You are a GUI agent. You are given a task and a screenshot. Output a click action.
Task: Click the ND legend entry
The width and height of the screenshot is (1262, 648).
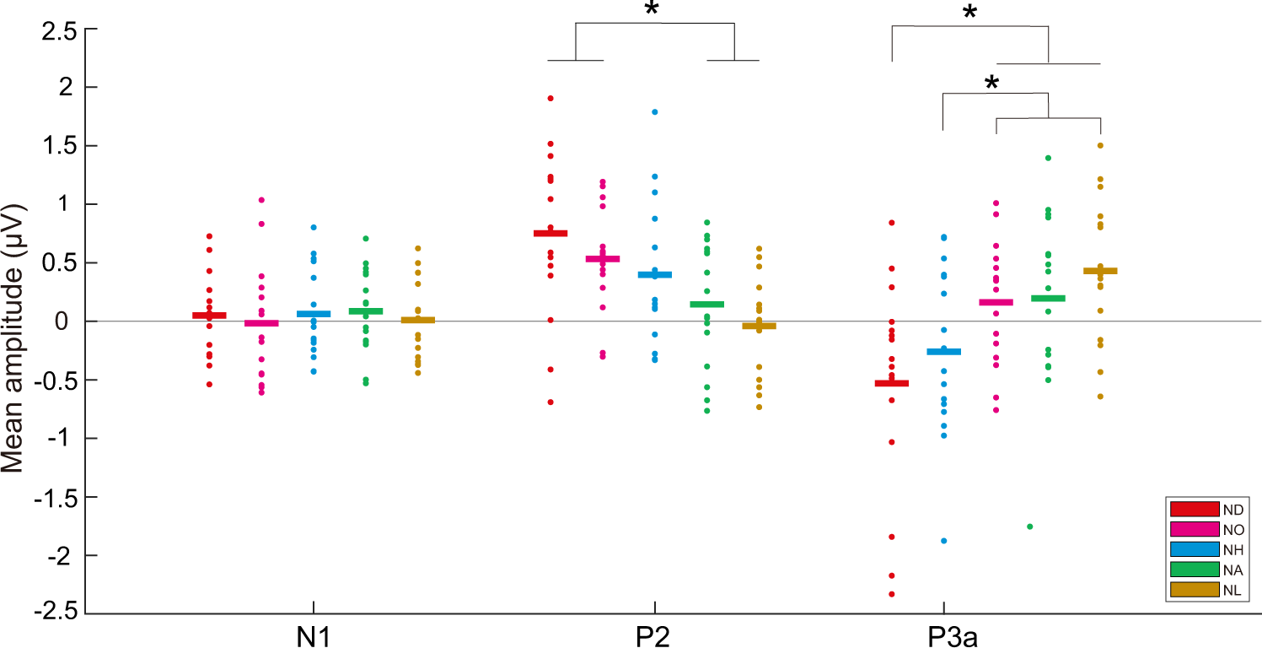pyautogui.click(x=1206, y=509)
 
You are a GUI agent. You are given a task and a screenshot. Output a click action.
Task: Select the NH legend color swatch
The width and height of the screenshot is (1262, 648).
pyautogui.click(x=1195, y=549)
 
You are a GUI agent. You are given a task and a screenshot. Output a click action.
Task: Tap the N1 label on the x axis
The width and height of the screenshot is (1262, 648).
pyautogui.click(x=314, y=634)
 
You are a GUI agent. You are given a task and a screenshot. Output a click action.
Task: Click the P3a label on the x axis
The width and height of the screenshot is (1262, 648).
pyautogui.click(x=942, y=634)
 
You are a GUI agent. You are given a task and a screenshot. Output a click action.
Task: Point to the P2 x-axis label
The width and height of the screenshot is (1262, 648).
pyautogui.click(x=653, y=634)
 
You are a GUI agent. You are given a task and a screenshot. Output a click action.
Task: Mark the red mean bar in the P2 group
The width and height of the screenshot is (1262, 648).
pyautogui.click(x=550, y=233)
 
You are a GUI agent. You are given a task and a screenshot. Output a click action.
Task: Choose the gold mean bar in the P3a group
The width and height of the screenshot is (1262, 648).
pyautogui.click(x=1100, y=271)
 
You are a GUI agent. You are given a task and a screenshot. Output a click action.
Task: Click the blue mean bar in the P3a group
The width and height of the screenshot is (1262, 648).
pyautogui.click(x=943, y=352)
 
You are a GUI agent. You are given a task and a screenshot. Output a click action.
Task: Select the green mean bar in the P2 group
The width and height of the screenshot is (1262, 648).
pyautogui.click(x=706, y=304)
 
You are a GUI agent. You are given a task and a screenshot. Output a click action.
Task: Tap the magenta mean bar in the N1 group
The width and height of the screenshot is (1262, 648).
pyautogui.click(x=261, y=323)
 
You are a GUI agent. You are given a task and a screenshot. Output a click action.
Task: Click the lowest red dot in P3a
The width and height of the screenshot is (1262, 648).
pyautogui.click(x=891, y=594)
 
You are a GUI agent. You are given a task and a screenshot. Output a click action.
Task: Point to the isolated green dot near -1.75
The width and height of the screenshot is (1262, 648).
pyautogui.click(x=1029, y=526)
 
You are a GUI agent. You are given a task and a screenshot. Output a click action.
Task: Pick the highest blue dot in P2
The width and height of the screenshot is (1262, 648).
pyautogui.click(x=654, y=111)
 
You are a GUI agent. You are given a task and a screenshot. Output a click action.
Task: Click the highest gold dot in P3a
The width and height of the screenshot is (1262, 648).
pyautogui.click(x=1100, y=145)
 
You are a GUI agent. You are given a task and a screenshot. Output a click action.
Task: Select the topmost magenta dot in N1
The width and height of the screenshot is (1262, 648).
pyautogui.click(x=261, y=200)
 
